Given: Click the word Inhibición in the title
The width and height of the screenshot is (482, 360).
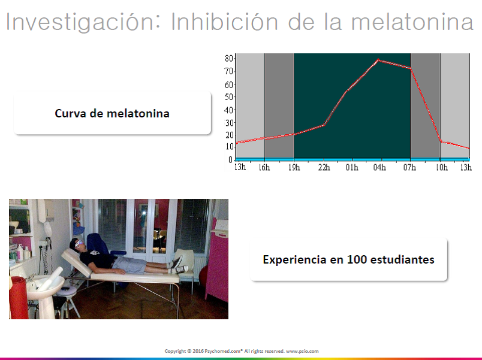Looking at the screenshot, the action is click(224, 22).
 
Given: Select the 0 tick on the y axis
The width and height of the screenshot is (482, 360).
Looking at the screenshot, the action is click(231, 160).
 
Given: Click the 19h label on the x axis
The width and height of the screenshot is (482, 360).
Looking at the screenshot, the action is click(294, 167).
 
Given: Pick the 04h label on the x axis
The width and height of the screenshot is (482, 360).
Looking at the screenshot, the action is click(379, 167).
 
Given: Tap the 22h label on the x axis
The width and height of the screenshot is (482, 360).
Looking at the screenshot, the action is click(324, 167).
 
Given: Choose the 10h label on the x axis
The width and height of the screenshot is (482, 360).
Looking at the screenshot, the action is click(442, 167).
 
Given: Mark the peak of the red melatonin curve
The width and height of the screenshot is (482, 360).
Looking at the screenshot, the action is click(378, 60).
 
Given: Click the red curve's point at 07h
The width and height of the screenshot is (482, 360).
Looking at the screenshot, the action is click(411, 68).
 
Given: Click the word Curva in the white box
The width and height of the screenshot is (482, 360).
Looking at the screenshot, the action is click(70, 113).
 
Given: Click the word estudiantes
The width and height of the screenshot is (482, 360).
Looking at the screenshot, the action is click(402, 259).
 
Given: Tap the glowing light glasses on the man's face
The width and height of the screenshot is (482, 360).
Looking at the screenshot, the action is click(79, 244).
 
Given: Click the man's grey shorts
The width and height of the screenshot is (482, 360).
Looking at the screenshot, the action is click(129, 265).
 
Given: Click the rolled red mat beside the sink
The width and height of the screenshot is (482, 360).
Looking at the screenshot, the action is click(19, 297).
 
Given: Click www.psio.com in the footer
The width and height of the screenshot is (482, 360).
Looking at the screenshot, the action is click(302, 351).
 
